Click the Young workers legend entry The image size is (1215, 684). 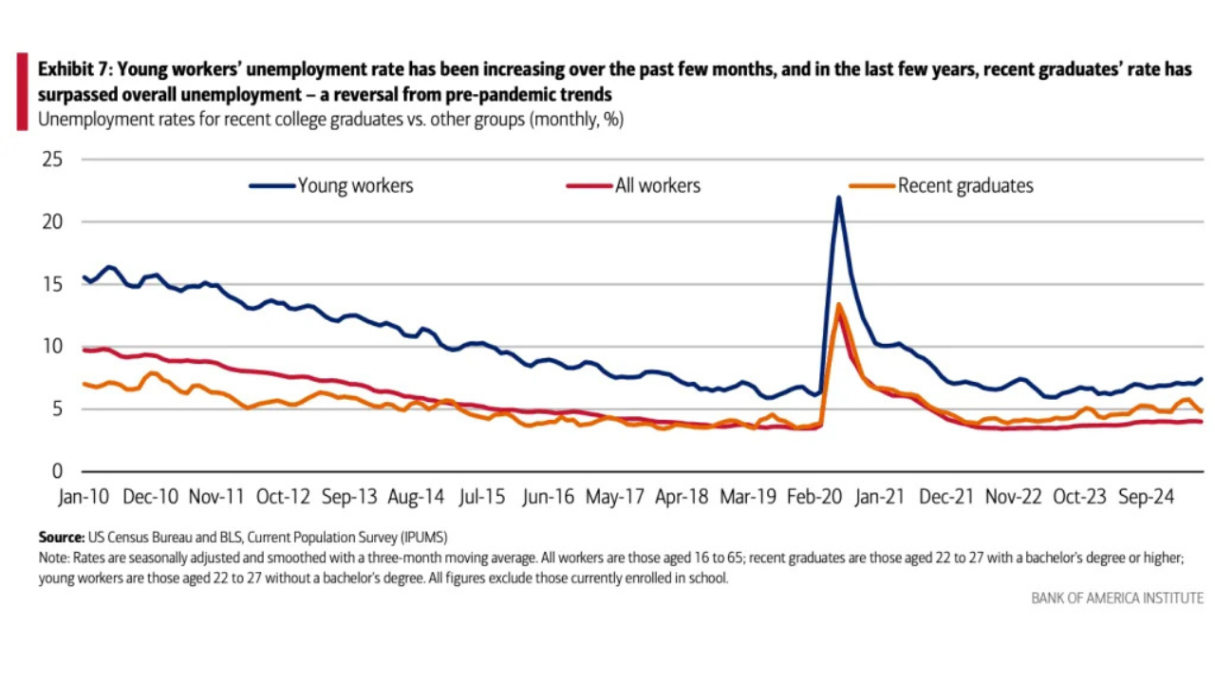point(355,186)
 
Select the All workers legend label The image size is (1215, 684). point(657,186)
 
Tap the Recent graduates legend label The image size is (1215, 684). point(964,186)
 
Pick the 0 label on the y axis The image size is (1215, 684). point(57,471)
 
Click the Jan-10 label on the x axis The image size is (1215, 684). point(84,497)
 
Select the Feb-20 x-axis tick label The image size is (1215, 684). point(816,497)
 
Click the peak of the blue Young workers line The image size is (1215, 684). point(838,198)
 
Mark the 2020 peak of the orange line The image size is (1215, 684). point(839,305)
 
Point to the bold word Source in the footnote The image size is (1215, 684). point(60,537)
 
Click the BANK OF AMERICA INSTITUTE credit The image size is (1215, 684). point(1117,598)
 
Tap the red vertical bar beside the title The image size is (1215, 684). point(22,92)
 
